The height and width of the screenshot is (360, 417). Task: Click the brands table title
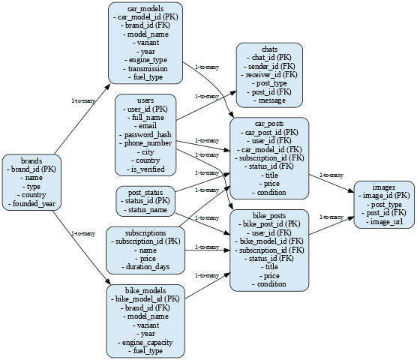(31, 160)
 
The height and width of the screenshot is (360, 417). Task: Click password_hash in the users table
(145, 135)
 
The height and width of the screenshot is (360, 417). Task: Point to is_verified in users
(145, 169)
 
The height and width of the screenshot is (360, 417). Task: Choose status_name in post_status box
(145, 210)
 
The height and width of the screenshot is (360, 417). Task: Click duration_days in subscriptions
(145, 267)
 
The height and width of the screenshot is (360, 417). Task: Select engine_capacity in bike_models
(145, 343)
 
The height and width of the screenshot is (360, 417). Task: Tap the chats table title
(269, 49)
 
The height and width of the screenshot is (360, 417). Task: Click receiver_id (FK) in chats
(269, 75)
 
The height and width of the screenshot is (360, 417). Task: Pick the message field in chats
(269, 100)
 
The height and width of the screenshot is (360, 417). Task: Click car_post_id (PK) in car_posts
(269, 133)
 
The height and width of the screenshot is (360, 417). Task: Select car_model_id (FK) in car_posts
(269, 150)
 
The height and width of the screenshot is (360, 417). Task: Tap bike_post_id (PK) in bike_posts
(269, 224)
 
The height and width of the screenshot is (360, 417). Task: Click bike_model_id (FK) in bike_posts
(269, 241)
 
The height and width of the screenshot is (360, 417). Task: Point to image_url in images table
(384, 222)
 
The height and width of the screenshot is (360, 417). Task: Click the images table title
(384, 187)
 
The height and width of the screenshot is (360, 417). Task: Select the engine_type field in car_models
(145, 60)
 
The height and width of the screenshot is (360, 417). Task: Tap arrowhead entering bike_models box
(109, 282)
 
